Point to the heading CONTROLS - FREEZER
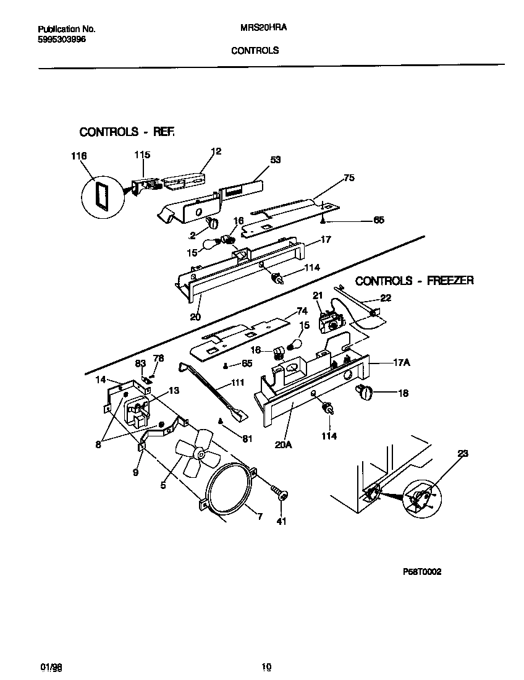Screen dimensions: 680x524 point(415,281)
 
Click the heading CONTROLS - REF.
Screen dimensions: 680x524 point(127,132)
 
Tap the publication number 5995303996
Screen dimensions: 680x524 point(62,39)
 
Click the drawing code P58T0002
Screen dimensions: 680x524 point(422,572)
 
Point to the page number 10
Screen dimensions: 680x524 point(266,666)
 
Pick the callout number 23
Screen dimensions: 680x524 point(463,453)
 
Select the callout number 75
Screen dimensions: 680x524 point(349,177)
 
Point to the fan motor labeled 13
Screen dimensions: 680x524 point(138,412)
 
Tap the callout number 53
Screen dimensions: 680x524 point(275,159)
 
